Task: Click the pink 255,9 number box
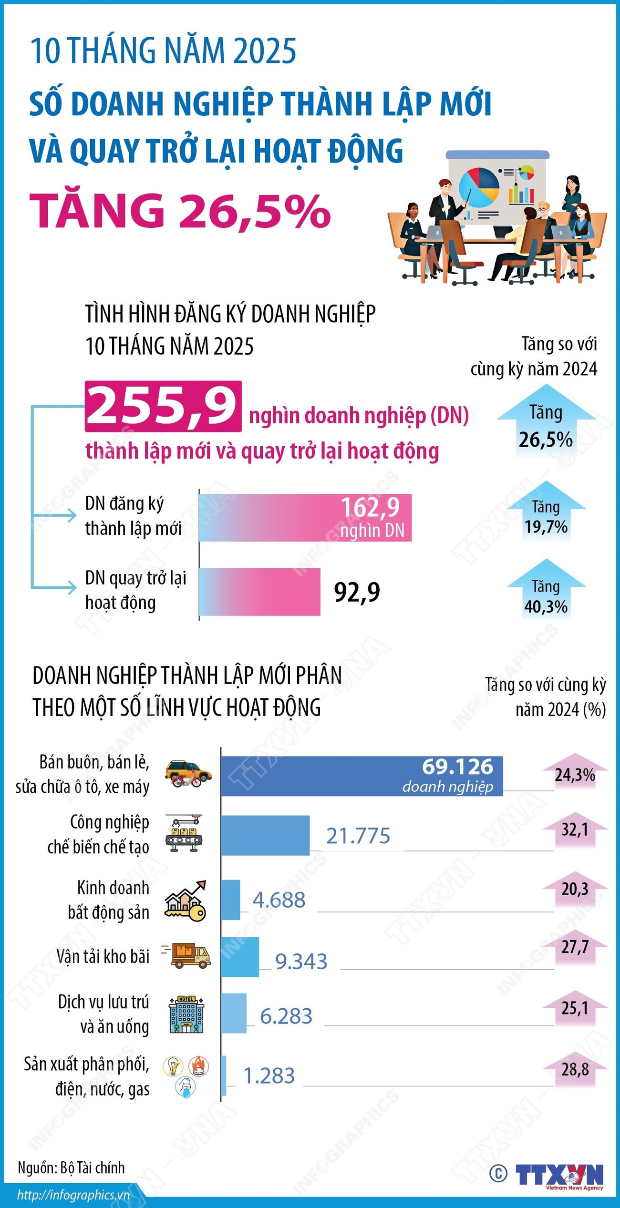coord(163,406)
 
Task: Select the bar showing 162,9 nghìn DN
coord(305,518)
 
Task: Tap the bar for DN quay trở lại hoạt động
coord(259,592)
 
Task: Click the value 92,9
coord(357,592)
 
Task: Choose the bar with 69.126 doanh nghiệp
coord(361,776)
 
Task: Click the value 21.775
coord(358,836)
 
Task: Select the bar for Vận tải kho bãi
coord(239,957)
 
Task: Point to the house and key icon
coord(186,901)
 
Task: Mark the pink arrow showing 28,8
coord(575,1069)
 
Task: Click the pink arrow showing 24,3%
coord(575,774)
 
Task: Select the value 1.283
coord(269,1076)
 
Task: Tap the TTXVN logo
coord(558,1174)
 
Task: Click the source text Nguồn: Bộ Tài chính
coord(71,1167)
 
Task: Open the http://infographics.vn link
coord(73,1195)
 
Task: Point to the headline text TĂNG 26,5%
coord(180,211)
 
